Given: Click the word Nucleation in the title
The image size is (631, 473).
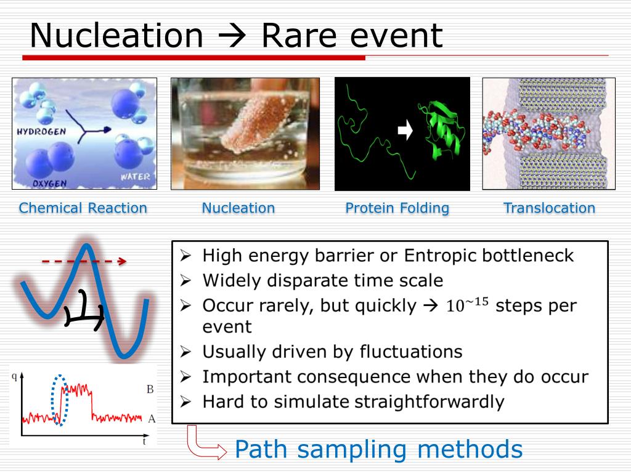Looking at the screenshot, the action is coord(116,36).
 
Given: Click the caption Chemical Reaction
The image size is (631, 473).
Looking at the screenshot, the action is coord(83,208).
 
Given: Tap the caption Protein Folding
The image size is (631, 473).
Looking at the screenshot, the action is coord(397,208).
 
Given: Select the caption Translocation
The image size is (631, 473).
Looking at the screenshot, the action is coord(549,208).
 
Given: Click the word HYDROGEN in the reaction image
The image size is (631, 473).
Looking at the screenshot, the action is coord(41,132).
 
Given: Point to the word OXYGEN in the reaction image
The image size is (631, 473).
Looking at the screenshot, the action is coord(49,184).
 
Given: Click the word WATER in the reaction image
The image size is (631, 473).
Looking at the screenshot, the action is coord(135,177).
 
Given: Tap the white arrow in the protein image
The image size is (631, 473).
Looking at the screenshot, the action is coord(405,130).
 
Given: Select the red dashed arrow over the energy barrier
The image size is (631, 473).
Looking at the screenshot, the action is coord(84,261).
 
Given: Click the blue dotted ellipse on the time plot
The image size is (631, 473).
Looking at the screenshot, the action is coord(60,400).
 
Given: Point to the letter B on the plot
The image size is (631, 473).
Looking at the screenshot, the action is coord(150,389).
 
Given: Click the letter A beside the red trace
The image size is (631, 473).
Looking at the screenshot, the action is coord(152,419).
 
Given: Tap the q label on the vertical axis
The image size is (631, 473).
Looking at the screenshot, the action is coord(15,376).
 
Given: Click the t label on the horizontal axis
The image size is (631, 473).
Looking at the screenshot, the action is coord(144,441).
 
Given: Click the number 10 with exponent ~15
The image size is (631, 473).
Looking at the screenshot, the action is coord(467,305).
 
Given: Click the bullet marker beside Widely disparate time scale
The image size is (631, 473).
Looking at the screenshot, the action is coord(185,280).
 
